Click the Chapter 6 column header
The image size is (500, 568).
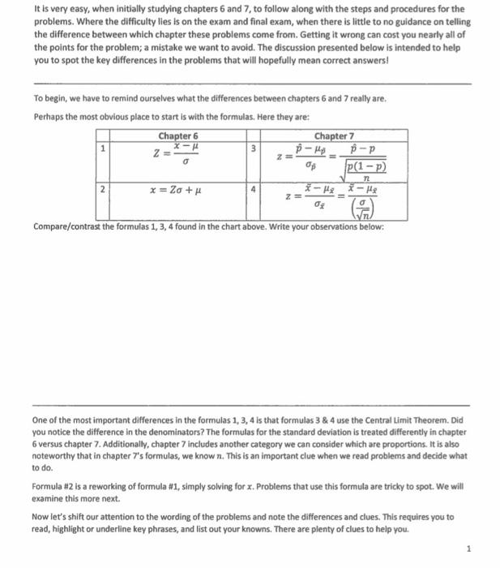point(178,136)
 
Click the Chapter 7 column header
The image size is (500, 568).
point(334,136)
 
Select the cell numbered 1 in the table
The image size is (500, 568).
point(102,148)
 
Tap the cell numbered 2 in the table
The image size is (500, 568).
point(102,190)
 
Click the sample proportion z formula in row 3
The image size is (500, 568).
point(331,161)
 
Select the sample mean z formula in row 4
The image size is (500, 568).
point(331,204)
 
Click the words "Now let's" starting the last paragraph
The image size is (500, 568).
point(52,516)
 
